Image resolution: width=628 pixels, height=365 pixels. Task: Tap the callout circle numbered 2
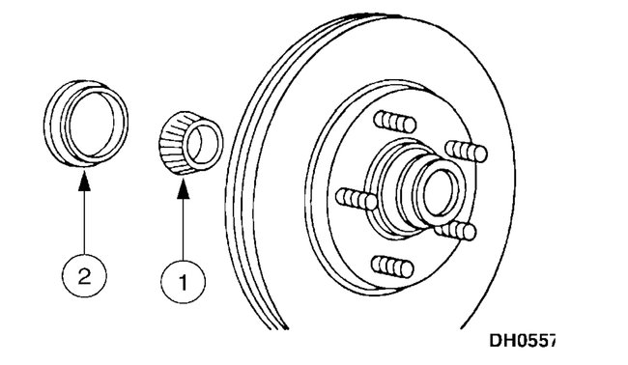85,277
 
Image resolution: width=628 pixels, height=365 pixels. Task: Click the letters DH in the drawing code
501,340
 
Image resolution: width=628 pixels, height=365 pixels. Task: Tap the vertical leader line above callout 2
85,222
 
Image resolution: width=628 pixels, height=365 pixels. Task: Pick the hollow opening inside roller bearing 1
201,142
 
